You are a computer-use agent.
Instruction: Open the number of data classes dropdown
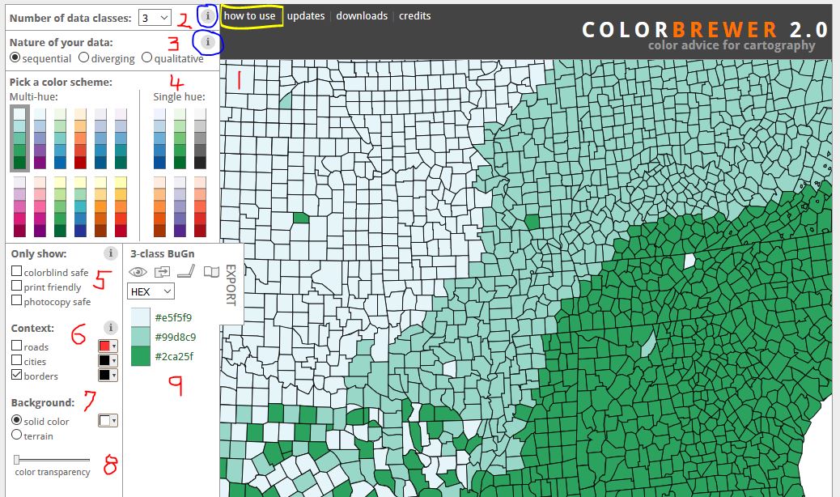click(x=154, y=17)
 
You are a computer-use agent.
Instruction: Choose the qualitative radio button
click(x=146, y=58)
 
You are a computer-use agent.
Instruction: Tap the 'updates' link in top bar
click(x=306, y=16)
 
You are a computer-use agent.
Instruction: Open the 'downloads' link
click(x=362, y=16)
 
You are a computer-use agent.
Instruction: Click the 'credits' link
click(x=414, y=16)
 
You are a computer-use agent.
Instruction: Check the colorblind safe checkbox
click(x=16, y=272)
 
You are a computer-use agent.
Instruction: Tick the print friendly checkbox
click(x=16, y=287)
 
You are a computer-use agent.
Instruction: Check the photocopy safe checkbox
click(x=16, y=301)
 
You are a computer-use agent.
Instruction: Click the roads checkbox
click(x=16, y=346)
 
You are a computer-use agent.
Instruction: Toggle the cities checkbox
click(x=16, y=361)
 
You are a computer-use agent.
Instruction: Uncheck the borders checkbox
click(x=16, y=376)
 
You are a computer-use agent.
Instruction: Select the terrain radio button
click(x=16, y=435)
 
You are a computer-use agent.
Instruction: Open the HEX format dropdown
click(x=151, y=291)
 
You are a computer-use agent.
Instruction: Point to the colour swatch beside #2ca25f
click(x=140, y=356)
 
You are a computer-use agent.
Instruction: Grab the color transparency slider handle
click(x=17, y=460)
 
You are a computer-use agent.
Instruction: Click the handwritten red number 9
click(x=176, y=386)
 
